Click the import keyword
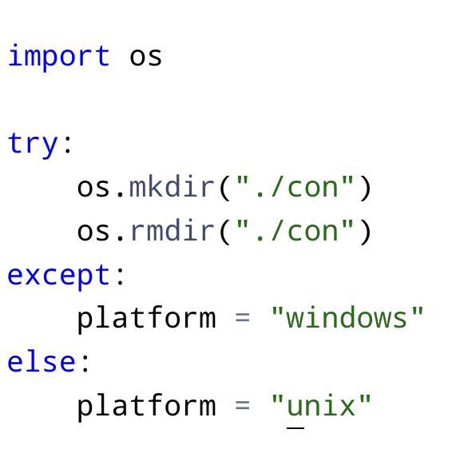[59, 58]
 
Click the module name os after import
[146, 58]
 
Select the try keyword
[33, 144]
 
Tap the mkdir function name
[172, 187]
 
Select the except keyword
[58, 275]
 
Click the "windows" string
[347, 317]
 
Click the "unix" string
[321, 405]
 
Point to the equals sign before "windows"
[242, 317]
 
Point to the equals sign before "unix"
[242, 405]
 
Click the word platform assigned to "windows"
[147, 319]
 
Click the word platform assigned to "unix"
[147, 407]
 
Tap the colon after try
[68, 145]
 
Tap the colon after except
[120, 276]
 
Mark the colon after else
[85, 363]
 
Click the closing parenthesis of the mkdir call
[365, 189]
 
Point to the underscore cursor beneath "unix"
[295, 427]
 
